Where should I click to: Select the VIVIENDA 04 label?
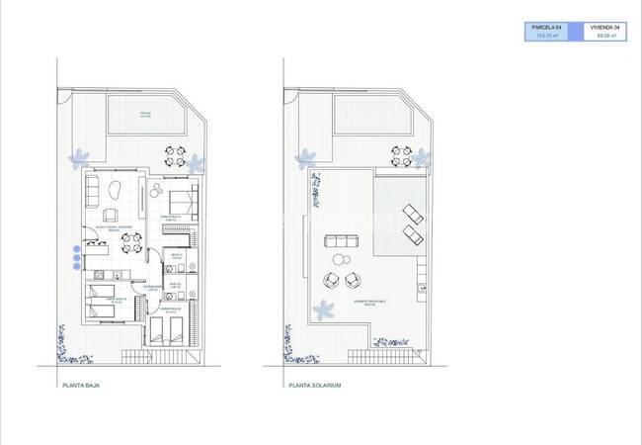click(x=604, y=27)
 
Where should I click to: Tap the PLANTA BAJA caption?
click(x=80, y=386)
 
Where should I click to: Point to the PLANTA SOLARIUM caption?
click(x=314, y=386)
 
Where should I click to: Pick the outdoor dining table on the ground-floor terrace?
click(x=175, y=156)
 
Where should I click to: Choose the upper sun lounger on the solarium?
click(x=413, y=212)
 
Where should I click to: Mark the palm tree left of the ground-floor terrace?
click(x=78, y=156)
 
